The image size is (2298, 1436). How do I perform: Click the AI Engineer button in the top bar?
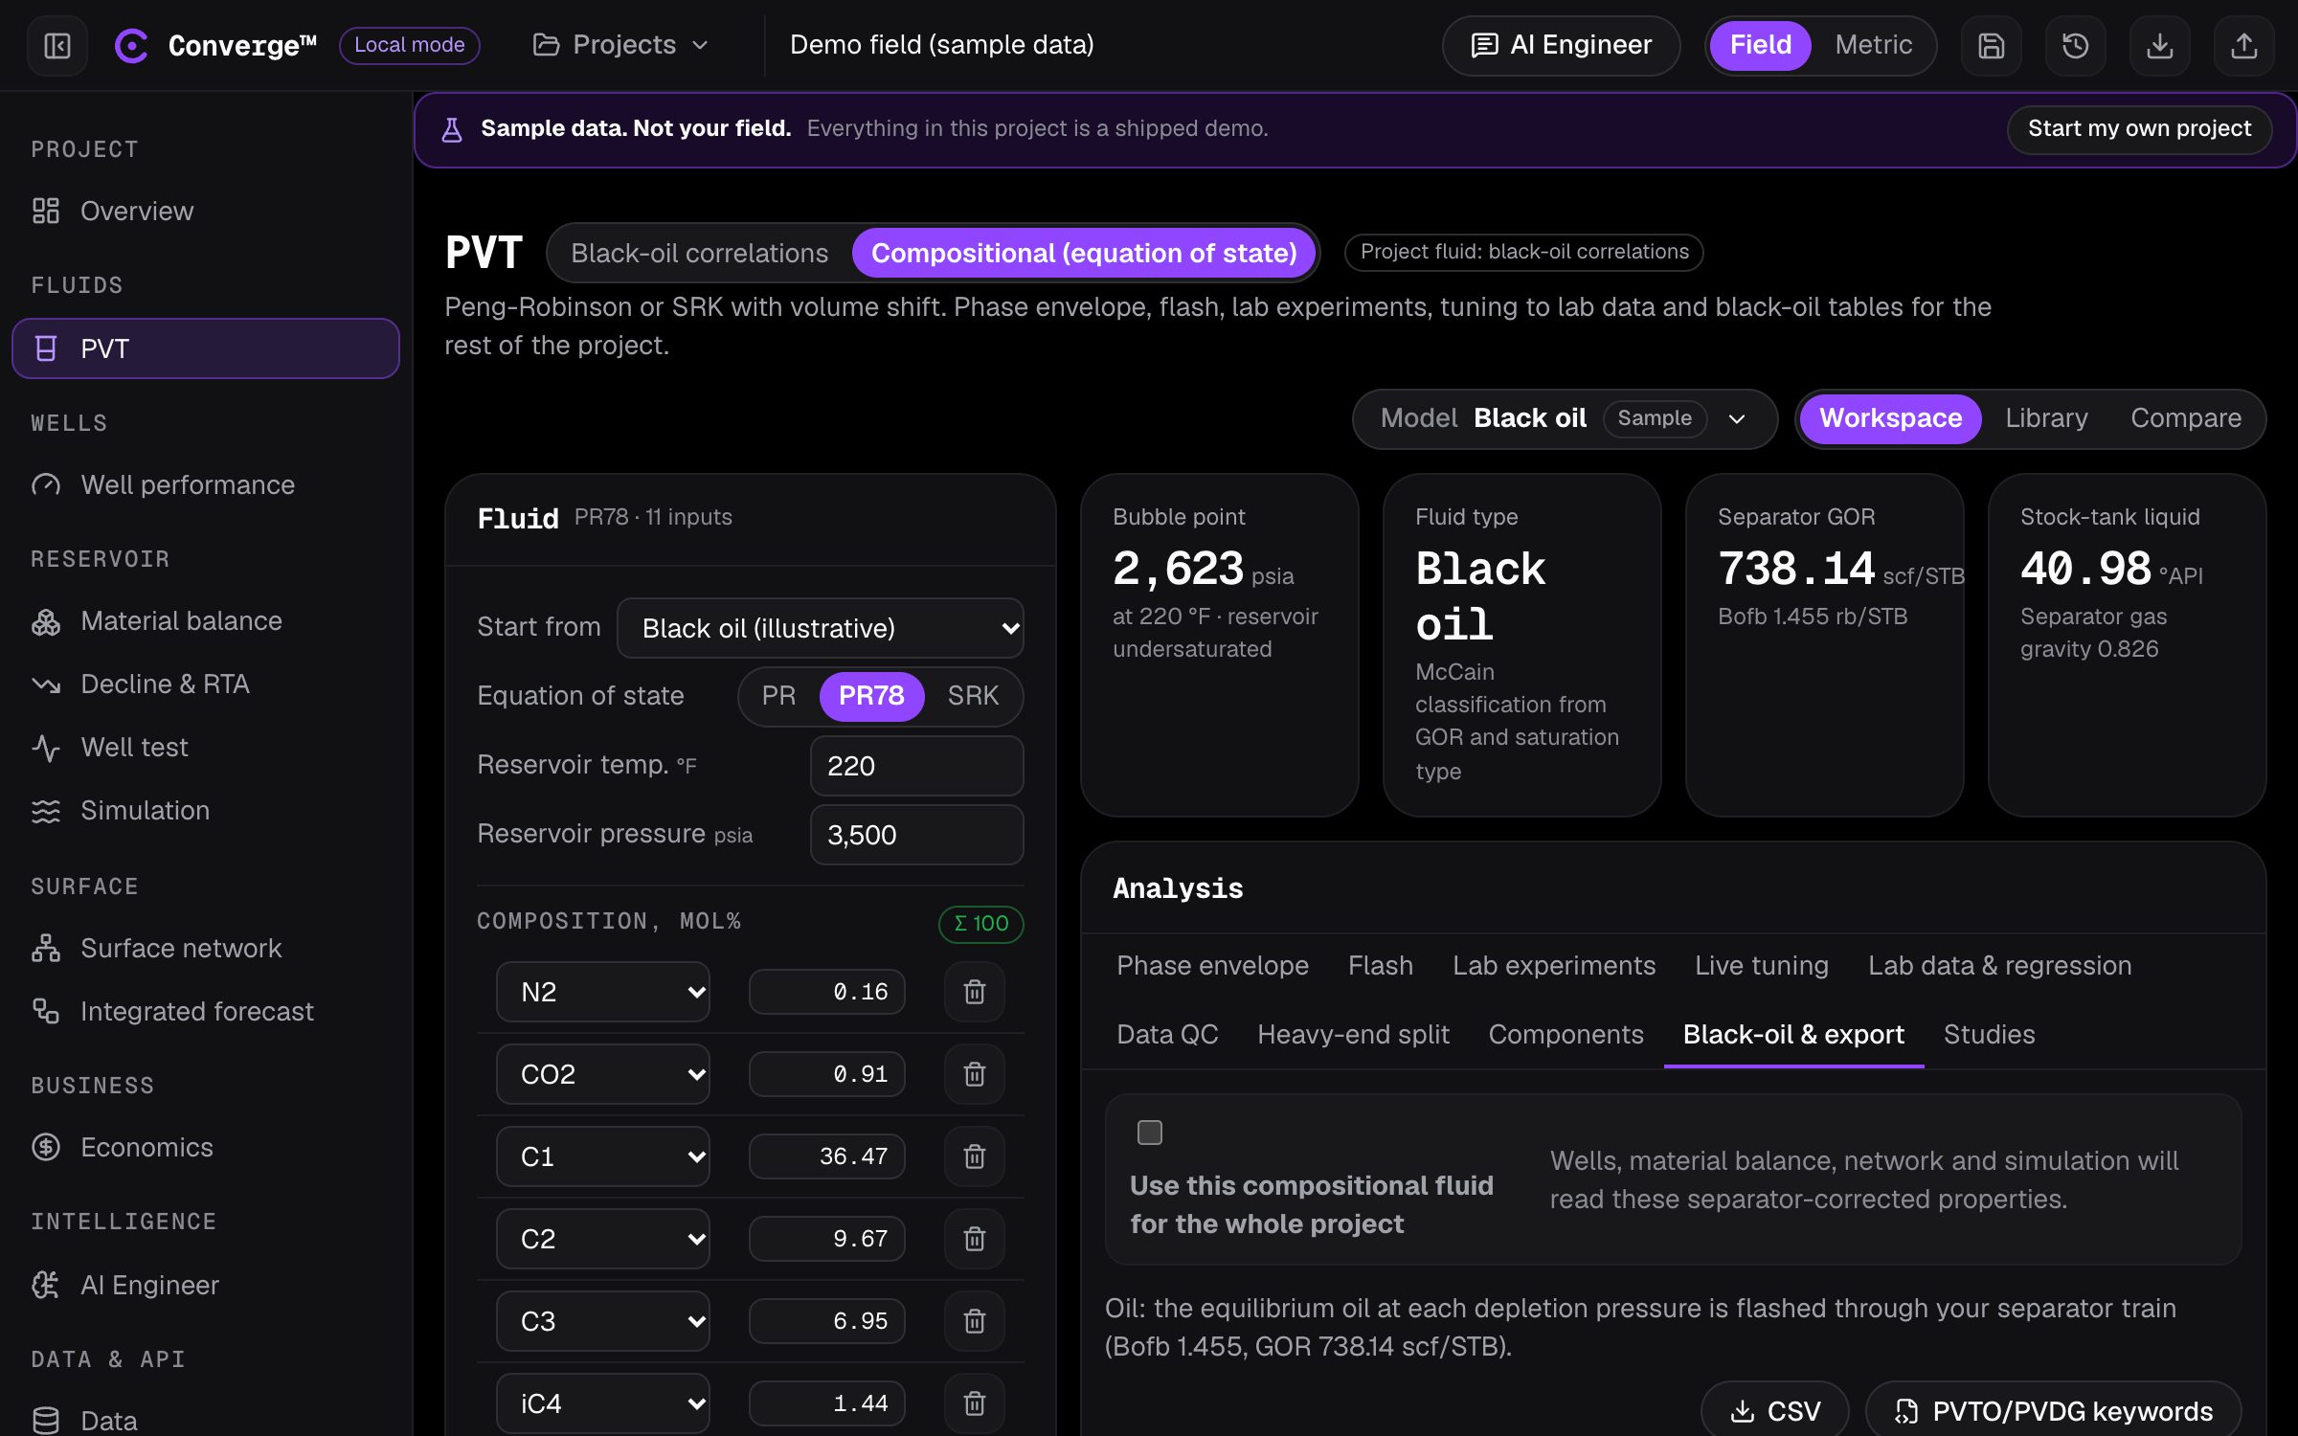tap(1561, 45)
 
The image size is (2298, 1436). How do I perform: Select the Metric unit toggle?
tap(1873, 45)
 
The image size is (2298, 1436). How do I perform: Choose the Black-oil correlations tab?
tap(699, 253)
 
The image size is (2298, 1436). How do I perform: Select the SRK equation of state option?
tap(973, 696)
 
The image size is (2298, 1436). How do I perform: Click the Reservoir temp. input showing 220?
tap(916, 766)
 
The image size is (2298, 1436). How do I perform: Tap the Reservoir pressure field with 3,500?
tap(916, 835)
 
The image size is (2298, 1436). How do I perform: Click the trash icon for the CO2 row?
tap(974, 1074)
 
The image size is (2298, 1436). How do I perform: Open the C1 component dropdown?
tap(602, 1156)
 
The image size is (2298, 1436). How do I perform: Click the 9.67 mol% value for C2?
tap(827, 1239)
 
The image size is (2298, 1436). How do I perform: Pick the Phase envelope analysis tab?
tap(1212, 966)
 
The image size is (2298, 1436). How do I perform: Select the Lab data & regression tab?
tap(1999, 966)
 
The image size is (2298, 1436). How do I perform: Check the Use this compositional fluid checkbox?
tap(1149, 1133)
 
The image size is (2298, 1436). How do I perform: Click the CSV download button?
tap(1774, 1410)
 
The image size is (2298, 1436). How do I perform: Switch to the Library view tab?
tap(2046, 418)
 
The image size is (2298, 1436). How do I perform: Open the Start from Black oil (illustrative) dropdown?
tap(821, 628)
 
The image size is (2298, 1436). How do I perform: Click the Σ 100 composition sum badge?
tap(980, 924)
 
